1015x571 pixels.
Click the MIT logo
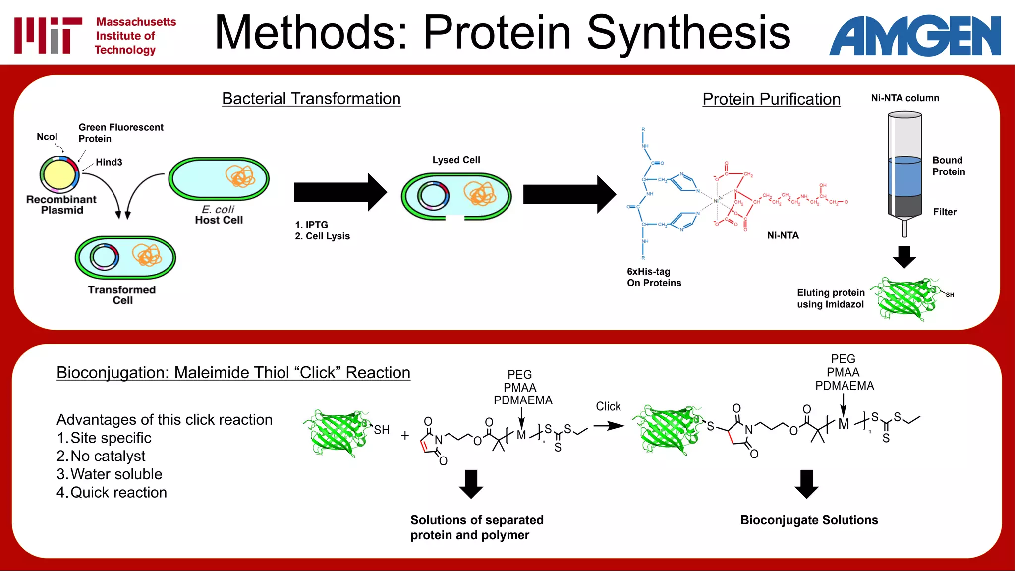click(48, 35)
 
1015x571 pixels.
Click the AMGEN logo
click(915, 36)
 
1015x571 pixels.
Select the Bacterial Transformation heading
click(311, 99)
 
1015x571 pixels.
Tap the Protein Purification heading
click(771, 99)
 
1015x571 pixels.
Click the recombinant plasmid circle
click(59, 174)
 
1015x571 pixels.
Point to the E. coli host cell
click(219, 179)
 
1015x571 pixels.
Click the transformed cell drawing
click(125, 257)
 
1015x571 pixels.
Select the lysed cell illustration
click(456, 196)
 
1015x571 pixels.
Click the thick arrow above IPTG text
click(340, 192)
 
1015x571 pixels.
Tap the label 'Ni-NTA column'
click(905, 98)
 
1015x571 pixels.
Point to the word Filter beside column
click(945, 212)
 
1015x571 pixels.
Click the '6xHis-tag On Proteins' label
click(654, 277)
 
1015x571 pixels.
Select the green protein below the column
click(906, 299)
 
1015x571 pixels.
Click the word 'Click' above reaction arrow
click(608, 406)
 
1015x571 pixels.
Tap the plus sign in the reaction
click(405, 436)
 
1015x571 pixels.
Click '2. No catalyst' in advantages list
click(101, 456)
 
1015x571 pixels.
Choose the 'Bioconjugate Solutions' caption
click(809, 520)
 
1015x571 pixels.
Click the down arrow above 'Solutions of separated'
click(471, 484)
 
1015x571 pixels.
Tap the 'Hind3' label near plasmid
click(109, 162)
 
